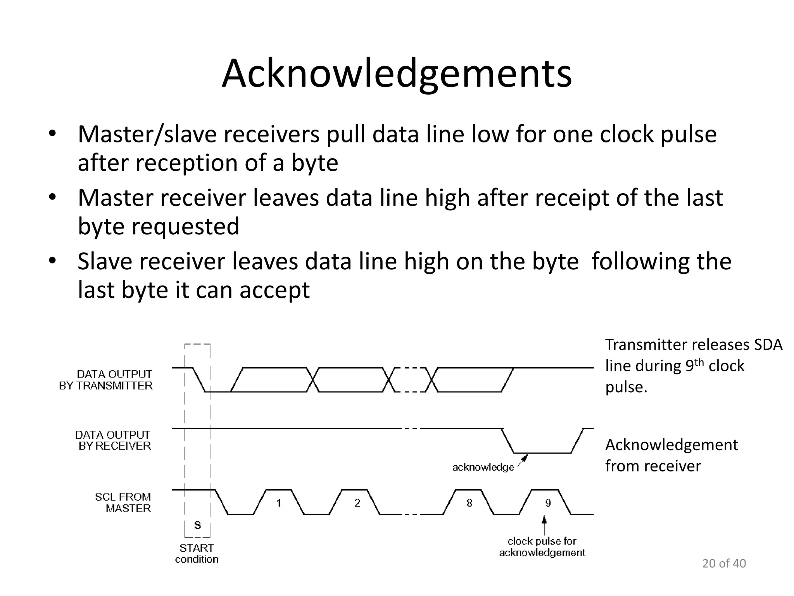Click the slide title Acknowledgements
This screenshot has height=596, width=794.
(397, 74)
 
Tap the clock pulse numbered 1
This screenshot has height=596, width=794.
(279, 503)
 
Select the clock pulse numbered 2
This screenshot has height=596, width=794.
(357, 503)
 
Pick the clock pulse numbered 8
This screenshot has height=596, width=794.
(469, 503)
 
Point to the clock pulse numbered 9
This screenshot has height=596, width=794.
(548, 503)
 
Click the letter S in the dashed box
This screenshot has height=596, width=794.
(197, 525)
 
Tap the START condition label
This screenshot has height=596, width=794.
(197, 553)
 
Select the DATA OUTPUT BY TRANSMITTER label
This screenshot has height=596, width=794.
(106, 380)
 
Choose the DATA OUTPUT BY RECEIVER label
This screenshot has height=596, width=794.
(113, 440)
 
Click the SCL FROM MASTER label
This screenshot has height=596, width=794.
(123, 502)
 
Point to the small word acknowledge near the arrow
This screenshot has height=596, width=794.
(483, 467)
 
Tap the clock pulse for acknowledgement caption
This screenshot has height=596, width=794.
(542, 547)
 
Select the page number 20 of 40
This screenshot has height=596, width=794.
(724, 563)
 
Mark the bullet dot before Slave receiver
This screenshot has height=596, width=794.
(52, 261)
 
